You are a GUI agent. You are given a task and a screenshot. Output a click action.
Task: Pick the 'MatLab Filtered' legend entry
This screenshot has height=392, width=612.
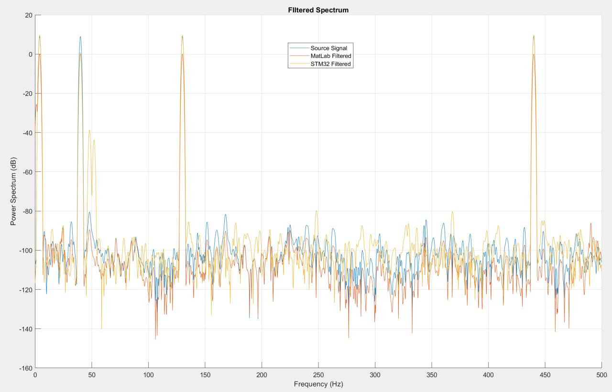pos(331,56)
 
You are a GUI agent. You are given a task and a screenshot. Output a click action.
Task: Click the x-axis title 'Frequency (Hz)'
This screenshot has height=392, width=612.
pos(318,384)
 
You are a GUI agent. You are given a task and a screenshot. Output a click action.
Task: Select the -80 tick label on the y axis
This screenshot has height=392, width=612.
pos(26,211)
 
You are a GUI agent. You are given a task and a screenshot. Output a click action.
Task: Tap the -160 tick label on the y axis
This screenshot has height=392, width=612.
pos(25,368)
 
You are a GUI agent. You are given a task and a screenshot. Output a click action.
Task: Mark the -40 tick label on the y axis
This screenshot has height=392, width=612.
pos(26,133)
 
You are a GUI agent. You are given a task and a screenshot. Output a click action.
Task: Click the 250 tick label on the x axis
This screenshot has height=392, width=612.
pos(318,375)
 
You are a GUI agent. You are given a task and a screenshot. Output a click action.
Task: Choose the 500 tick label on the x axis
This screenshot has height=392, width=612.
pos(601,375)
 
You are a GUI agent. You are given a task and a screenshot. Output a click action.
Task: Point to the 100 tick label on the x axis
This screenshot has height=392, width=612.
pos(148,375)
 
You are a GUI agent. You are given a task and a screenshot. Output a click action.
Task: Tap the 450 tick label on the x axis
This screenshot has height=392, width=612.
pos(545,375)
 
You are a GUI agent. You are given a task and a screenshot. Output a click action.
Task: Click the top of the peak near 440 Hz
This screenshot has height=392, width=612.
pos(533,35)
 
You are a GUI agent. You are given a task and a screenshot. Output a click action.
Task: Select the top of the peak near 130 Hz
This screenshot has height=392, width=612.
pos(182,35)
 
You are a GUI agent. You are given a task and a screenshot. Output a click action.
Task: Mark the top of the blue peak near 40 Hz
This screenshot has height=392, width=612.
pos(80,37)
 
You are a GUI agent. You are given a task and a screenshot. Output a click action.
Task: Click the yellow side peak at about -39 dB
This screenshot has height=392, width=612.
pos(89,130)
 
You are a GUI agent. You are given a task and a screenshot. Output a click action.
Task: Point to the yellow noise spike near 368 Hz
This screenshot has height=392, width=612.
pos(452,212)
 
